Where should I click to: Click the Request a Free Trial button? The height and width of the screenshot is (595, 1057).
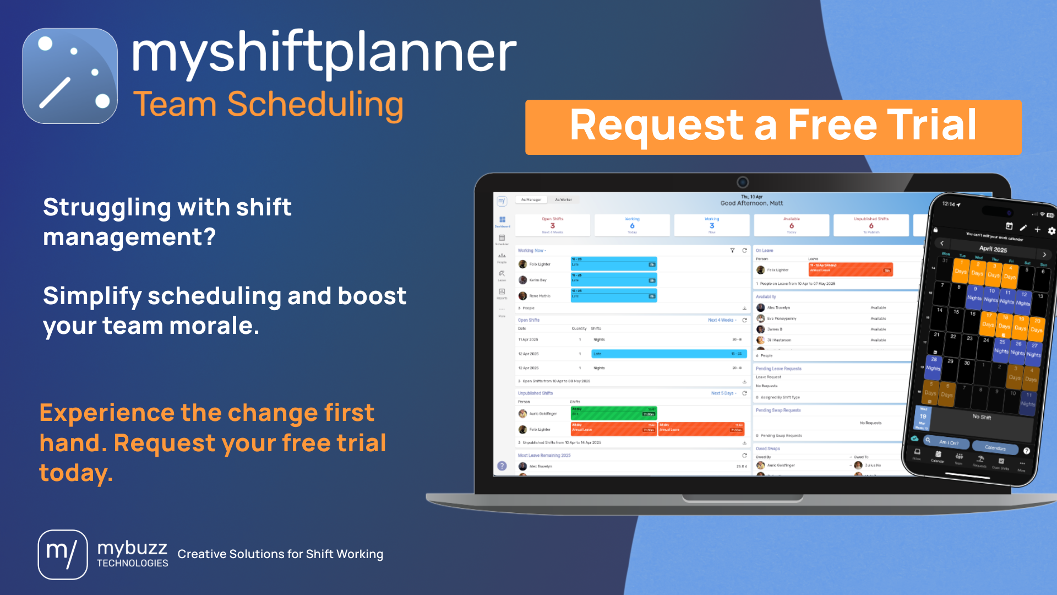(x=773, y=127)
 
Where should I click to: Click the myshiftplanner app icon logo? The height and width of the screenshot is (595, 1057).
(x=70, y=76)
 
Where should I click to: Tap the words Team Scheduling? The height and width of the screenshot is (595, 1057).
(x=268, y=104)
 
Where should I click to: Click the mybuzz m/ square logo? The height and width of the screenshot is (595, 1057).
(x=62, y=554)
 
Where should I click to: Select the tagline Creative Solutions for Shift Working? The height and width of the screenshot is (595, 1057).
(x=280, y=554)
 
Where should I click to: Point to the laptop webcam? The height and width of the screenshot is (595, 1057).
(x=742, y=182)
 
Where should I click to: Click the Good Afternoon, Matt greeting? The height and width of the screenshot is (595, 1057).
(x=751, y=203)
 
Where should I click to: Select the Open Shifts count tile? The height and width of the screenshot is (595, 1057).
(x=552, y=225)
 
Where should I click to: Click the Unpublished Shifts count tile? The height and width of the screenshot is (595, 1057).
(x=871, y=225)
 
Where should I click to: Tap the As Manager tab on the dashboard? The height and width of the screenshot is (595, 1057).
(x=531, y=200)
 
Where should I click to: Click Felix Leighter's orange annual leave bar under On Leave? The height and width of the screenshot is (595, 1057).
(x=850, y=269)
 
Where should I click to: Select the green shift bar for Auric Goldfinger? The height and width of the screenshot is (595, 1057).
(x=613, y=413)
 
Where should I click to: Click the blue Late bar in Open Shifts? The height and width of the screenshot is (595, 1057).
(x=668, y=354)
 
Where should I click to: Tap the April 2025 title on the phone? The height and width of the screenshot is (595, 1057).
(x=993, y=249)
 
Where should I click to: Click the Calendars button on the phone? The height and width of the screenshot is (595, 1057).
(x=995, y=447)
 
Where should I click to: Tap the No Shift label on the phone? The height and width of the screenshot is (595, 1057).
(x=981, y=417)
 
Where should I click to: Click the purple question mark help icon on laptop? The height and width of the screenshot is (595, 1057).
(x=502, y=466)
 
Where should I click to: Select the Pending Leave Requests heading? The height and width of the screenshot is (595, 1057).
(x=778, y=369)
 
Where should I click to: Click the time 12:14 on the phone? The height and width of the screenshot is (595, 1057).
(x=949, y=204)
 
